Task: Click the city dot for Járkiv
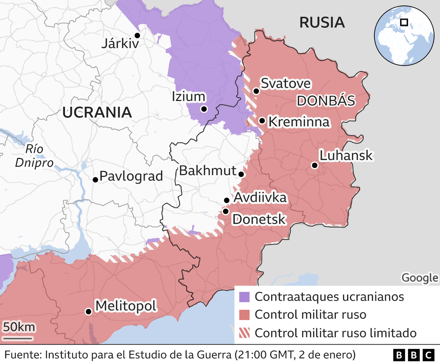pyautogui.click(x=137, y=36)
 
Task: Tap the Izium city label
pyautogui.click(x=188, y=97)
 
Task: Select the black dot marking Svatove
pyautogui.click(x=256, y=91)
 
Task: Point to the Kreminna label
pyautogui.click(x=299, y=122)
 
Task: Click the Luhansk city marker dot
pyautogui.click(x=314, y=165)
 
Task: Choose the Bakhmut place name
pyautogui.click(x=207, y=171)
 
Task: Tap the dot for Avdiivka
pyautogui.click(x=227, y=200)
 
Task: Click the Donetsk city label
pyautogui.click(x=259, y=220)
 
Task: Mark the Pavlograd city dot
pyautogui.click(x=95, y=179)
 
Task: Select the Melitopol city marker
pyautogui.click(x=88, y=312)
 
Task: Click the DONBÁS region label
pyautogui.click(x=326, y=101)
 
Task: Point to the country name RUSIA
pyautogui.click(x=322, y=23)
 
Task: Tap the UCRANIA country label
pyautogui.click(x=97, y=112)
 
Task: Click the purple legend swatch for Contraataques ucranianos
pyautogui.click(x=244, y=297)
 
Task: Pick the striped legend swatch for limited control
pyautogui.click(x=244, y=333)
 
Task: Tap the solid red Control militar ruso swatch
pyautogui.click(x=244, y=315)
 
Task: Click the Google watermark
pyautogui.click(x=419, y=278)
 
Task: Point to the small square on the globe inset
pyautogui.click(x=404, y=22)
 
